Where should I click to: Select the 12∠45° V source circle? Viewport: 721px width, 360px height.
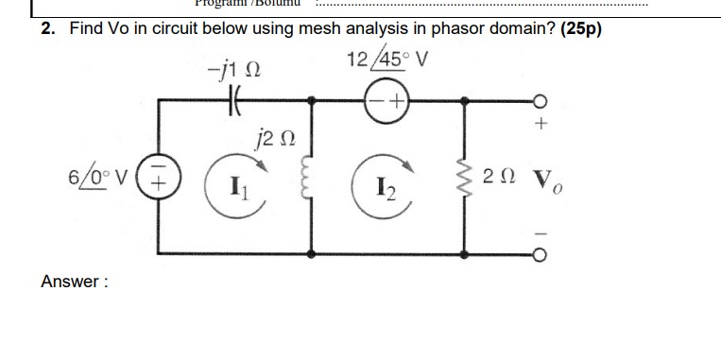point(387,98)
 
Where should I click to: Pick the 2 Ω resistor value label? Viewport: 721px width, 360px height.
point(498,176)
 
